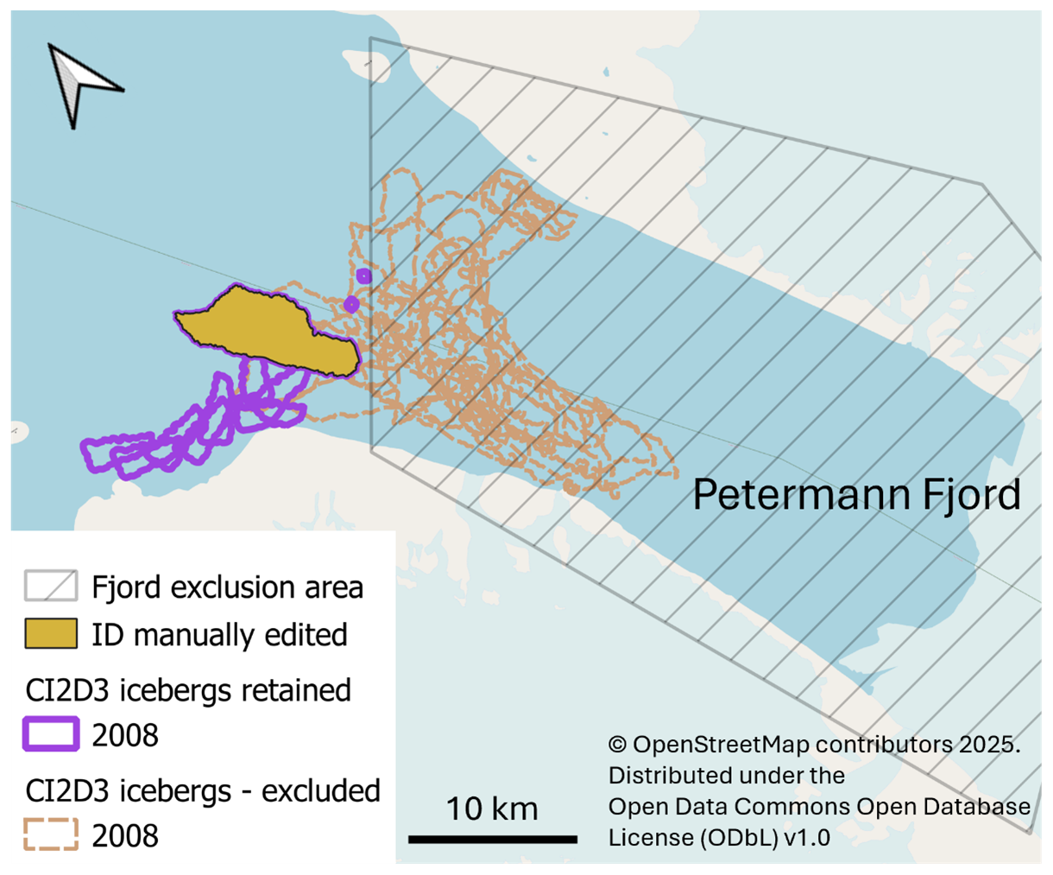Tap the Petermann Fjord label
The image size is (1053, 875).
pos(856,495)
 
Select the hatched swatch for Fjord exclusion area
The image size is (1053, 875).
pos(50,587)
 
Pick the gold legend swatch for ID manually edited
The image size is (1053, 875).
pos(50,634)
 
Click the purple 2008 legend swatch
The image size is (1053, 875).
pos(50,735)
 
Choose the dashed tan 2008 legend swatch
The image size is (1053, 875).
pos(50,835)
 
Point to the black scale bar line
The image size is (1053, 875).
pos(492,839)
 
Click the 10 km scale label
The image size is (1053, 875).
pos(491,809)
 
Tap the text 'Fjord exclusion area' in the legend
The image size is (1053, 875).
pos(227,587)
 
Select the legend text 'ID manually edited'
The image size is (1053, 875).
pos(219,635)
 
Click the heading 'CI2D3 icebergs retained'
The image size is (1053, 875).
pos(188,691)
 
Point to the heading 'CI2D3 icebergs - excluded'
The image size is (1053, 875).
pos(203,791)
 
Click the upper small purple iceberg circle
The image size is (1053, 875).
pos(363,276)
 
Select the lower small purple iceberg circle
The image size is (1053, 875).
pos(351,304)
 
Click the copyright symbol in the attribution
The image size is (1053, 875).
pos(617,745)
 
